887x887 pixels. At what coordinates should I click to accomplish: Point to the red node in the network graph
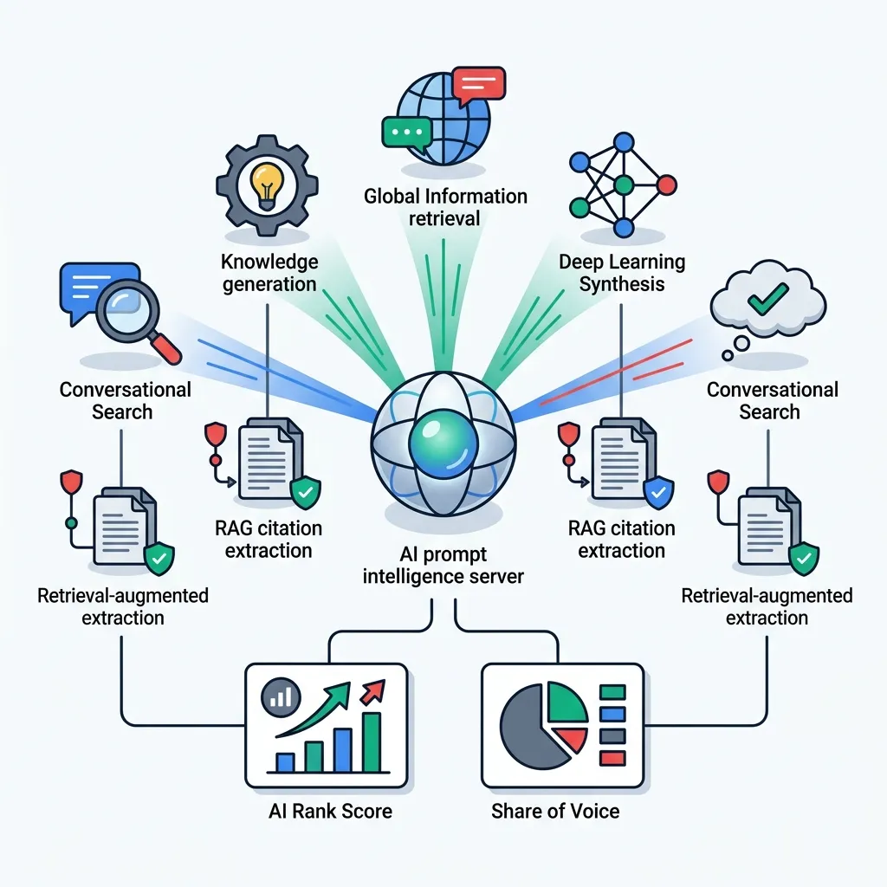(x=666, y=185)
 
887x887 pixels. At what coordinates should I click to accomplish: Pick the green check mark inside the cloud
(x=767, y=299)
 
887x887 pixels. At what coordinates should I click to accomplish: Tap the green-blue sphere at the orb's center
(x=443, y=443)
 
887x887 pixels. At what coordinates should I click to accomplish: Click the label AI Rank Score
(x=330, y=811)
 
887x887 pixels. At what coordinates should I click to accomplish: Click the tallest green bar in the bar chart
(x=371, y=742)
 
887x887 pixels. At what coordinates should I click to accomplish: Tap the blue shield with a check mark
(x=658, y=492)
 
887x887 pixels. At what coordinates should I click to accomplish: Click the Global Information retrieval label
(x=445, y=207)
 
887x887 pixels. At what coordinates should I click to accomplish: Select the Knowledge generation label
(x=269, y=273)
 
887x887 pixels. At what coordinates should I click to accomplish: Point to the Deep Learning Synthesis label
(x=622, y=273)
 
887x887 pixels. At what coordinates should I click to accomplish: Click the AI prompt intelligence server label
(x=443, y=565)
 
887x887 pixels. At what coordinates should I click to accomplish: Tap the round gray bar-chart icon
(x=281, y=696)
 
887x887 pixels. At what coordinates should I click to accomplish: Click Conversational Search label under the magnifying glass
(x=125, y=400)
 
